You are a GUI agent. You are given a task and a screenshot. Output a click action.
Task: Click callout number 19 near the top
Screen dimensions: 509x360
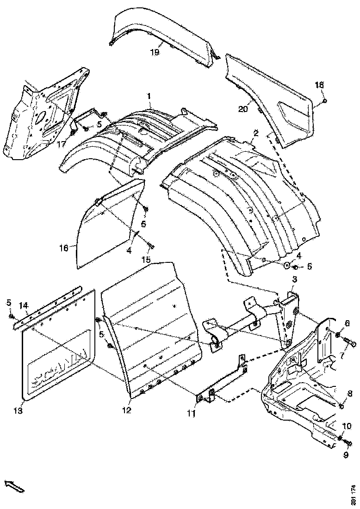click(155, 52)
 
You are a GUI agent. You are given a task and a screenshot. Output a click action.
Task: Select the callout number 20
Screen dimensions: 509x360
click(243, 109)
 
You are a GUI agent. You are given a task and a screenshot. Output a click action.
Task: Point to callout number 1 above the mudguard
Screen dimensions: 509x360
click(149, 96)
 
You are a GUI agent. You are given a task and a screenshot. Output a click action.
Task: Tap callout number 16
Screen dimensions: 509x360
click(64, 248)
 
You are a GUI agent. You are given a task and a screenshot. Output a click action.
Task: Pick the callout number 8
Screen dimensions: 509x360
click(349, 393)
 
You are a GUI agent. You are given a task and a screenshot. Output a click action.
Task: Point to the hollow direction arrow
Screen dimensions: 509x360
click(14, 486)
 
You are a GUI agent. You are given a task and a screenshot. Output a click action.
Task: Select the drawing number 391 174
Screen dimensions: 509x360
click(354, 495)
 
